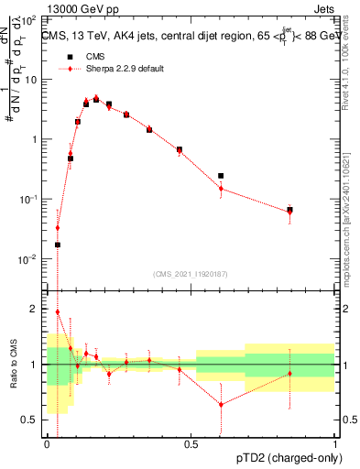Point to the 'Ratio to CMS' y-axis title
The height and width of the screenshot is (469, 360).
tap(14, 377)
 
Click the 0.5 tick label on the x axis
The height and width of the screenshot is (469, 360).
tap(191, 444)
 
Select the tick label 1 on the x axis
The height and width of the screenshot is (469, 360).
tap(335, 444)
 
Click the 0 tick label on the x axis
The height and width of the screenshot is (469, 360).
tap(47, 444)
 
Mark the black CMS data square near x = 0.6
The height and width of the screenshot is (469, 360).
tap(221, 176)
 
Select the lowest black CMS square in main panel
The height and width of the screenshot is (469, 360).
tap(58, 245)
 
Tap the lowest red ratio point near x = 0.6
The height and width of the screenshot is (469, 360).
tap(221, 404)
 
